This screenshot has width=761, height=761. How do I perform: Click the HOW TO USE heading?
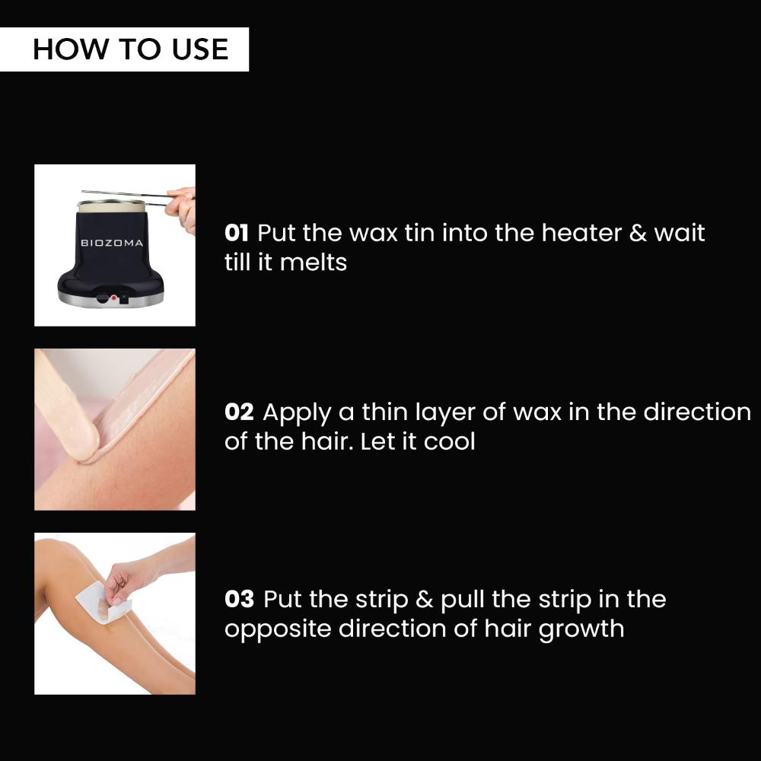tap(130, 49)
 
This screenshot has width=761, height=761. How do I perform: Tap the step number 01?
tap(238, 232)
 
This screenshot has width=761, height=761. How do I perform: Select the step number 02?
tap(239, 412)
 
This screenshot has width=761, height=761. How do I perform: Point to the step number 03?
tap(239, 599)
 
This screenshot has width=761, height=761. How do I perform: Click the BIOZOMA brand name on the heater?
tap(112, 243)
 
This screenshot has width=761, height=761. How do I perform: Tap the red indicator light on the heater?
tap(114, 299)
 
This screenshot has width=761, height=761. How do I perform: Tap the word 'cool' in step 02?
tap(449, 441)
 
